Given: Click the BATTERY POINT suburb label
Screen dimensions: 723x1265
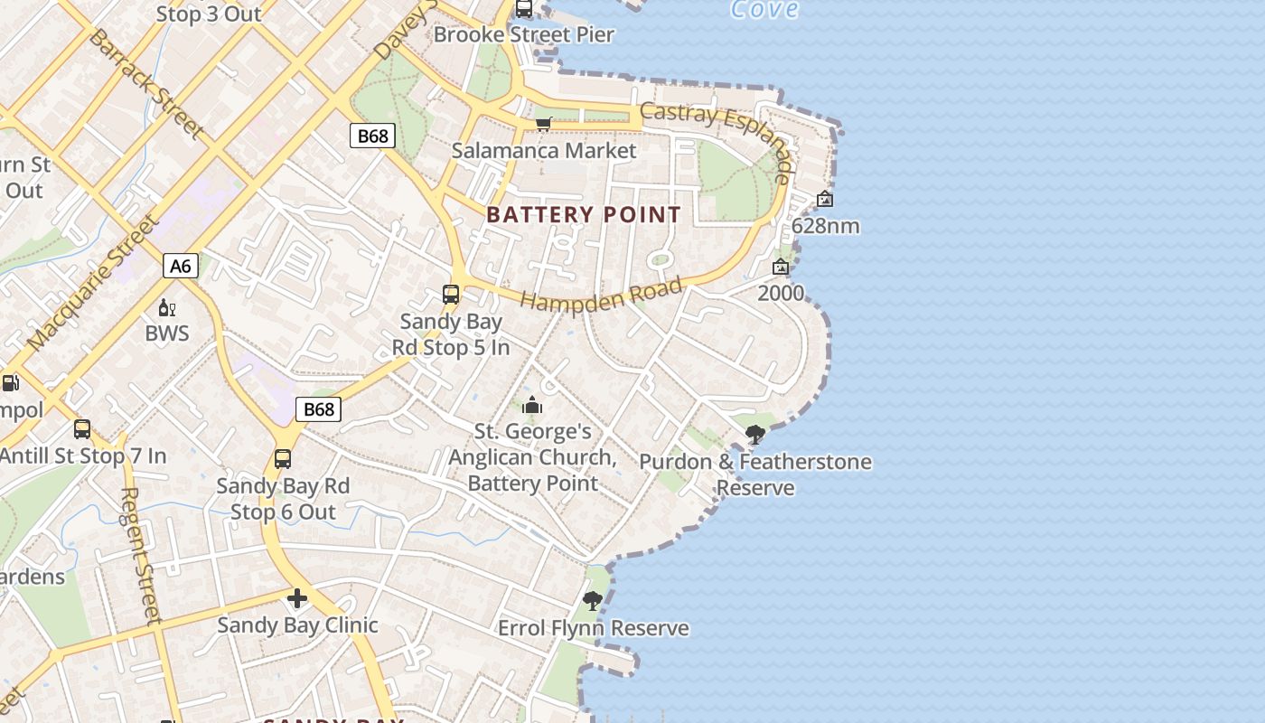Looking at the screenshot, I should [x=584, y=215].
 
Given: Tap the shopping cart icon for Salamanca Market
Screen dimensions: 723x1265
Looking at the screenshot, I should [x=543, y=124].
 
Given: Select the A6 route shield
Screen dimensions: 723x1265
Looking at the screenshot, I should [x=181, y=266].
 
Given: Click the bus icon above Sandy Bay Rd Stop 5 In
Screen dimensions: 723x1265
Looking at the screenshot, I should [x=451, y=295].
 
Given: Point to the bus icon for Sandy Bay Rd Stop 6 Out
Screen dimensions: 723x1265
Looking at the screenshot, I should [x=283, y=459].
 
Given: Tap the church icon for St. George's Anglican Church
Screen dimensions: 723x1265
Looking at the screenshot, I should [x=532, y=405].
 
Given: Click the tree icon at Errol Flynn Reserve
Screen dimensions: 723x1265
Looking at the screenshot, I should [x=593, y=601].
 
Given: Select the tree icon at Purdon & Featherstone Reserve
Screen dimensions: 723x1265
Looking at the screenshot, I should [x=755, y=436].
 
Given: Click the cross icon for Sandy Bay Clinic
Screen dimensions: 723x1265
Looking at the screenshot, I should [x=297, y=598].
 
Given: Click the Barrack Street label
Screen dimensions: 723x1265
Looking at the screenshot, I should [x=145, y=83].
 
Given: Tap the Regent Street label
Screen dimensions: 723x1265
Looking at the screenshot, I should [x=140, y=556].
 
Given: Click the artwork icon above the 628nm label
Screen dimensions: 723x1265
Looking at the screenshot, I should [x=825, y=199].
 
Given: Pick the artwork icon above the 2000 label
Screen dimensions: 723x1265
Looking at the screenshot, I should [x=781, y=267].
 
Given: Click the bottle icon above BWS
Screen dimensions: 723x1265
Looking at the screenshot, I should [x=166, y=308].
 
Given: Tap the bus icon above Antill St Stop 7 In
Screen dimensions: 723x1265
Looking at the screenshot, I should [x=82, y=429].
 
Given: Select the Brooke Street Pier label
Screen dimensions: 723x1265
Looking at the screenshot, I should [x=524, y=34].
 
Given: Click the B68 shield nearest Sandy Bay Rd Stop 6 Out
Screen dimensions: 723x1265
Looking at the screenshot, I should [x=318, y=409].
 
